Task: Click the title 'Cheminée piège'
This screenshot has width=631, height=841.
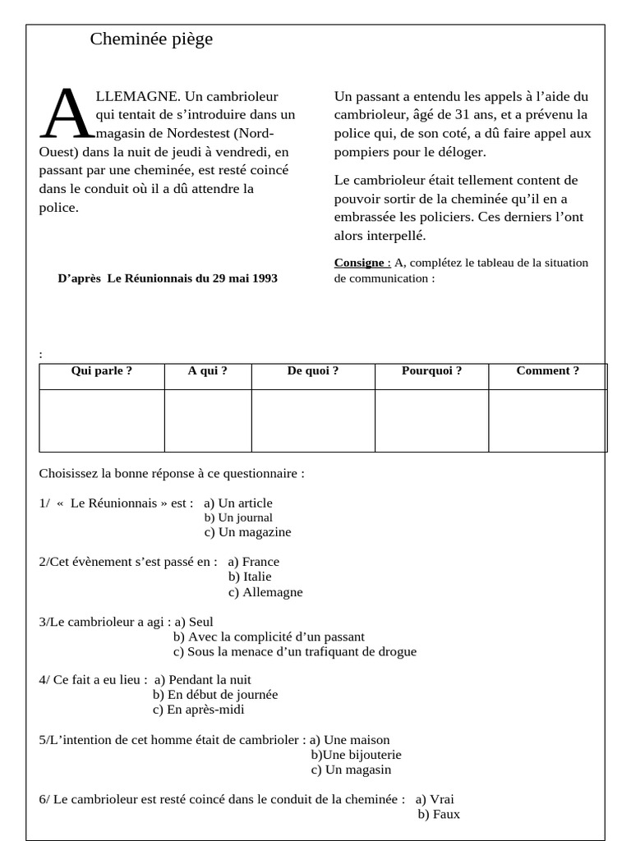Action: pos(151,39)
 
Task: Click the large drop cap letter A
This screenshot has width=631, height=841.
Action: pos(68,115)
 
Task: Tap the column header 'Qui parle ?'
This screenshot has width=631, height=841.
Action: pos(102,371)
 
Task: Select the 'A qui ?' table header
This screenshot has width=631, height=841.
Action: pos(208,371)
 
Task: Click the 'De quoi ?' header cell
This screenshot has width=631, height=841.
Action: pos(313,371)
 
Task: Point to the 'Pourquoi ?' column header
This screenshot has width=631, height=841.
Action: pos(431,371)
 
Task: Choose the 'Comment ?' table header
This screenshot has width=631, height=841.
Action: pos(547,371)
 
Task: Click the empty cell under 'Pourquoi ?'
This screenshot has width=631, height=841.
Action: pos(431,420)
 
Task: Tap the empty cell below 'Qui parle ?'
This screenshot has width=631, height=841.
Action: pos(102,420)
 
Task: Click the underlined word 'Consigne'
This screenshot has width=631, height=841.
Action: pos(360,263)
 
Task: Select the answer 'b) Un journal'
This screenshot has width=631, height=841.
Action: pos(238,517)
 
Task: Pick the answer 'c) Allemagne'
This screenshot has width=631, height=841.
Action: pos(265,592)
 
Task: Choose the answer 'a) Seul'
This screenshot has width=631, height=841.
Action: pos(194,623)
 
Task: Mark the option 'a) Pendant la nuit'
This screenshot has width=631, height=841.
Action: pos(203,680)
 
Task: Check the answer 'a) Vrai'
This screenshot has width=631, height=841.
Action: pos(435,799)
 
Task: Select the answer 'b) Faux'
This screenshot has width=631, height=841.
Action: pos(439,815)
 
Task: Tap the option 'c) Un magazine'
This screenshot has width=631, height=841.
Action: pos(247,532)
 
